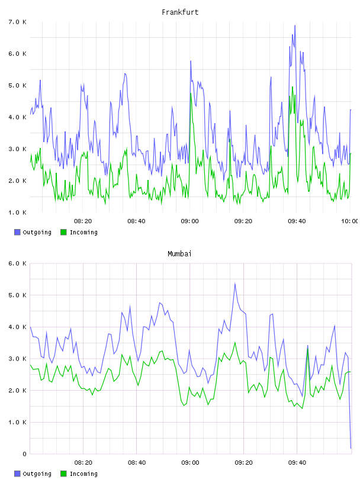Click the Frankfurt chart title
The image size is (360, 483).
pos(180,12)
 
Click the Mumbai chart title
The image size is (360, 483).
pos(179,254)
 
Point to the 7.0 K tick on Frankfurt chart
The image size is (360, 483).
pos(17,22)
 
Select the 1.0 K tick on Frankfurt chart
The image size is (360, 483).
pos(17,212)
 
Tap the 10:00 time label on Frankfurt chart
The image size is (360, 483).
pos(350,221)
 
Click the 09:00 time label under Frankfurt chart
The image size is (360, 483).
pos(190,221)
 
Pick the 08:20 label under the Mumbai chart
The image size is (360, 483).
pos(83,463)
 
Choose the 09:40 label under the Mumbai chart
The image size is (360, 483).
pos(297,463)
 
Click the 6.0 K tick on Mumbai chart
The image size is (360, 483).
pos(17,263)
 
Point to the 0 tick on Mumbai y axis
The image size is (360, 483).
pos(24,454)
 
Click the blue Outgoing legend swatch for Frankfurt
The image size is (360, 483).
pos(17,232)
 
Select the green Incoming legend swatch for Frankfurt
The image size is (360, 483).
pos(63,232)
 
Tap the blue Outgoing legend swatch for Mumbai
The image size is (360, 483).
pos(17,474)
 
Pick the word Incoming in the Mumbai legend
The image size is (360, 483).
pos(83,474)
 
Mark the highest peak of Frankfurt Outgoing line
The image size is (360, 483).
pos(295,25)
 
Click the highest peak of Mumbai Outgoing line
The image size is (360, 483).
pos(235,284)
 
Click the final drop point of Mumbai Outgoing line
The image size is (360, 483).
pos(351,448)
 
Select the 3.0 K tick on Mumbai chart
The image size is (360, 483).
pos(17,359)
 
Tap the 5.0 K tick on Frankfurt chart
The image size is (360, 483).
pos(17,85)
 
